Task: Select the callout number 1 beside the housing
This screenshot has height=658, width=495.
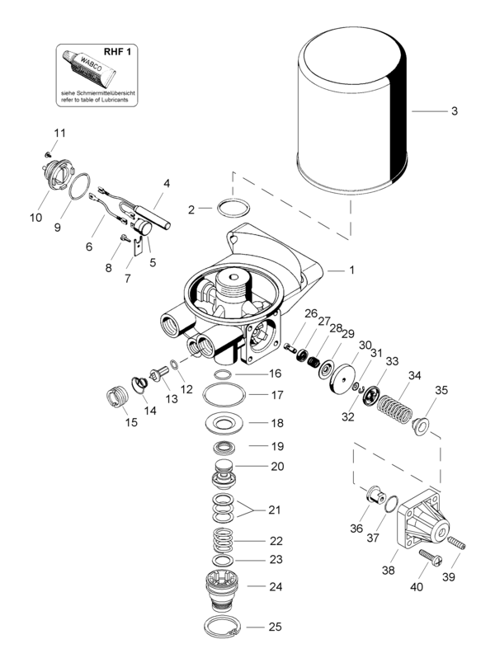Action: (352, 270)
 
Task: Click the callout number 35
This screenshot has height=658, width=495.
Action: (442, 390)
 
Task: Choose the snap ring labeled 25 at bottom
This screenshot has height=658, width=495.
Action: (230, 626)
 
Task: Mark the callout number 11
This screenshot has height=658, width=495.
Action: (59, 134)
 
